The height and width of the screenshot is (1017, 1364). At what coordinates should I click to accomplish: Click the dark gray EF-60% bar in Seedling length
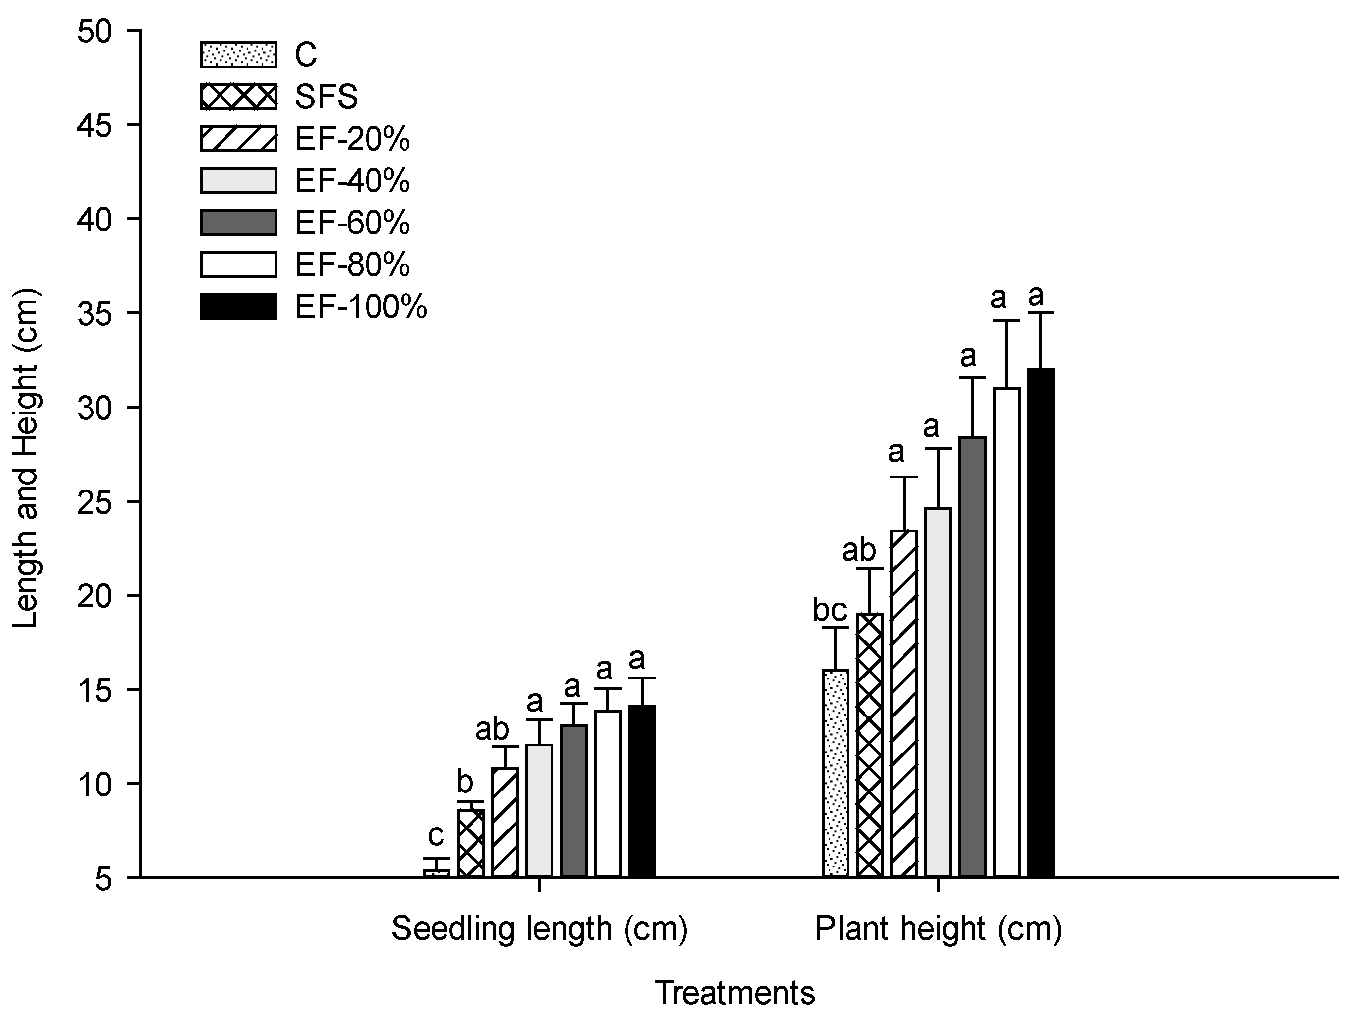point(574,800)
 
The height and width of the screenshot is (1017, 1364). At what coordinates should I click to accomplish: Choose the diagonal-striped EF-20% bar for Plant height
point(904,703)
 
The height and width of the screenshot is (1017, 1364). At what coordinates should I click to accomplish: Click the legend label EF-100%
point(361,306)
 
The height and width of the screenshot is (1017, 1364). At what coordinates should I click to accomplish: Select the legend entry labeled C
point(306,55)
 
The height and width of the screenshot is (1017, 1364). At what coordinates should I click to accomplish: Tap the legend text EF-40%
point(352,181)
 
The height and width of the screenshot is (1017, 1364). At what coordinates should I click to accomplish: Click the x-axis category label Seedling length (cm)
point(539,929)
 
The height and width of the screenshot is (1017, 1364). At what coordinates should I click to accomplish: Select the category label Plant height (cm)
point(938,929)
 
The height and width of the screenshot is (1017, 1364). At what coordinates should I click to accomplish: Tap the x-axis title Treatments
point(735,993)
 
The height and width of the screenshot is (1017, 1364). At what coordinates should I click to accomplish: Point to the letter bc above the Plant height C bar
point(830,610)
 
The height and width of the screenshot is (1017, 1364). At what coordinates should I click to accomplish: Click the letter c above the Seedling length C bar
point(436,836)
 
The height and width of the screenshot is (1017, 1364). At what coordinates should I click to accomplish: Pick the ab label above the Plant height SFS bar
point(859,550)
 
